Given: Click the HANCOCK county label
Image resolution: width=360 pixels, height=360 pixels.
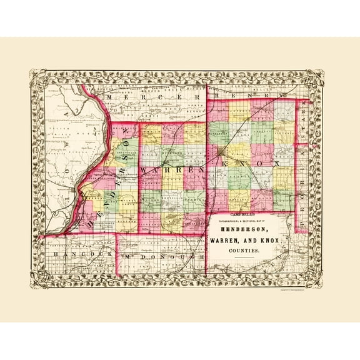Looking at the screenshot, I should [x=74, y=255].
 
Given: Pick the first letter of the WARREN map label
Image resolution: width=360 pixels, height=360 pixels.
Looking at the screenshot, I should [x=144, y=170].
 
